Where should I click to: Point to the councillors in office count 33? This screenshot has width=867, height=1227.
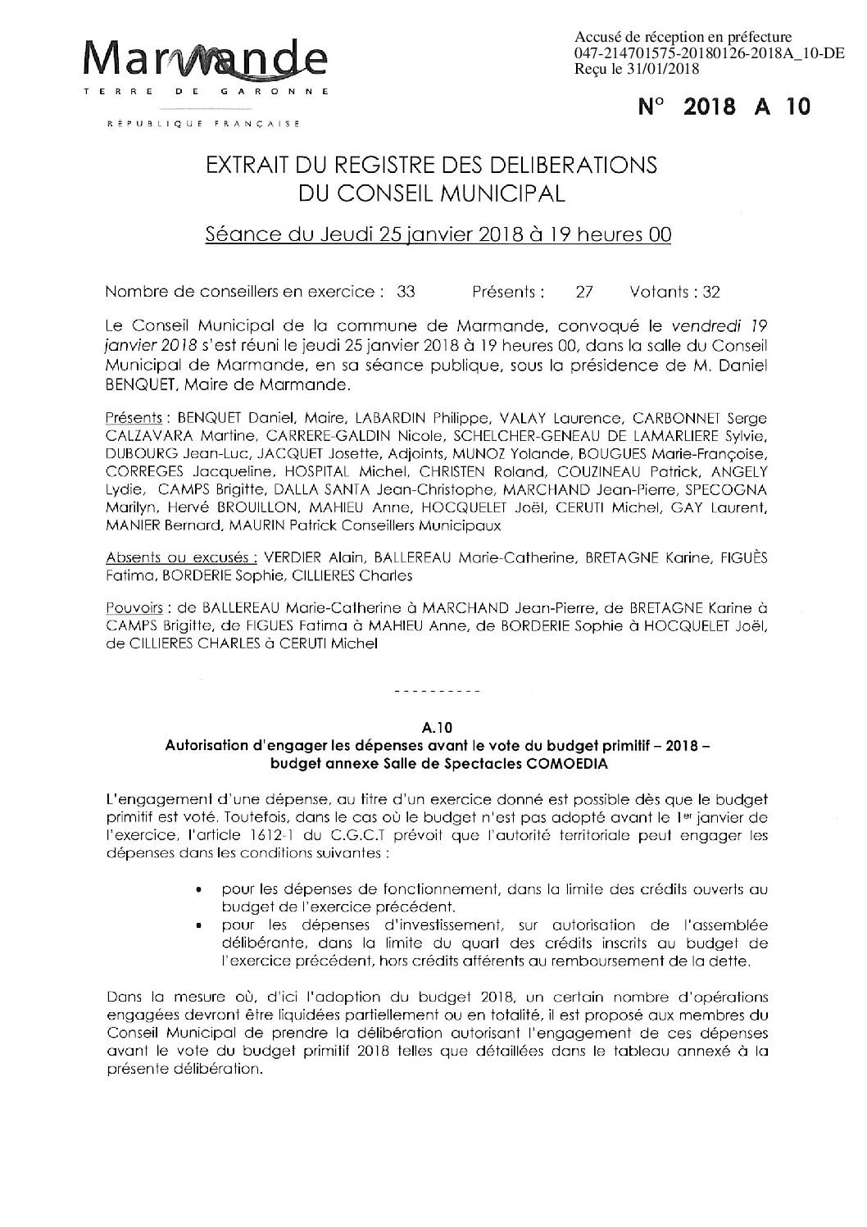[x=405, y=292]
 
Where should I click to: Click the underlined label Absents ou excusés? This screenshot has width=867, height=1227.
[x=179, y=558]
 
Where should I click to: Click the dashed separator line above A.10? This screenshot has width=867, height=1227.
[x=437, y=693]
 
